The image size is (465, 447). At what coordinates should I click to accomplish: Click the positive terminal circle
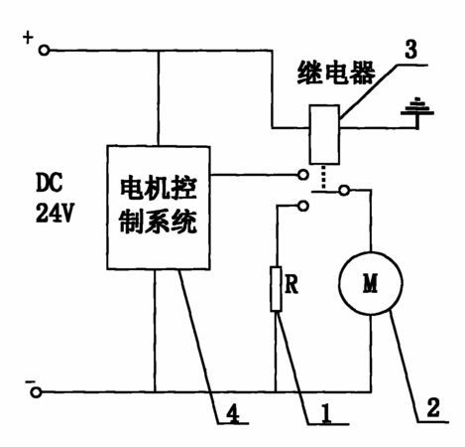coord(44,51)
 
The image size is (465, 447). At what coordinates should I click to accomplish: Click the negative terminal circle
coord(36,392)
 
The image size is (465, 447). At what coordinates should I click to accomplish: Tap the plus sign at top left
coord(28,37)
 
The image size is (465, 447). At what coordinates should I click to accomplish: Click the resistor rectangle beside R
coord(276,289)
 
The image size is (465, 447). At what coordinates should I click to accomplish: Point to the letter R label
coord(291,284)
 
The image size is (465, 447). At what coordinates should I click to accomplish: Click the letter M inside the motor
coord(370,283)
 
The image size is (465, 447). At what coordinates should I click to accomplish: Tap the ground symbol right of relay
coord(417,112)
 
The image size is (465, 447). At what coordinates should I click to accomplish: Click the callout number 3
coord(410,50)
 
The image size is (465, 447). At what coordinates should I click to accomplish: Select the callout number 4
coord(234,413)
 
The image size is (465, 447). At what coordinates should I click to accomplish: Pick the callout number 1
coord(326,413)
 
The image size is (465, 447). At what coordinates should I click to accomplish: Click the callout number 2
coord(433,407)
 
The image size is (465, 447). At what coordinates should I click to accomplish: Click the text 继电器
coord(336,73)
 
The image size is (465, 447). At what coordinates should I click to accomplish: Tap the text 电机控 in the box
coord(159,189)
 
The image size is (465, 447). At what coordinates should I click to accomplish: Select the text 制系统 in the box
coord(159,222)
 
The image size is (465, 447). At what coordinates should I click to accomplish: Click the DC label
coord(49,183)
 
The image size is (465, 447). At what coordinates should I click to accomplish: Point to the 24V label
coord(55,213)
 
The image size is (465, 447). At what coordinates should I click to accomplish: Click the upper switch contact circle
coord(302,175)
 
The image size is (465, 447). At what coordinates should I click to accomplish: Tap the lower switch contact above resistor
coord(302,206)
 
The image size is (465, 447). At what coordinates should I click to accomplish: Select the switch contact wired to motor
coord(344,190)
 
